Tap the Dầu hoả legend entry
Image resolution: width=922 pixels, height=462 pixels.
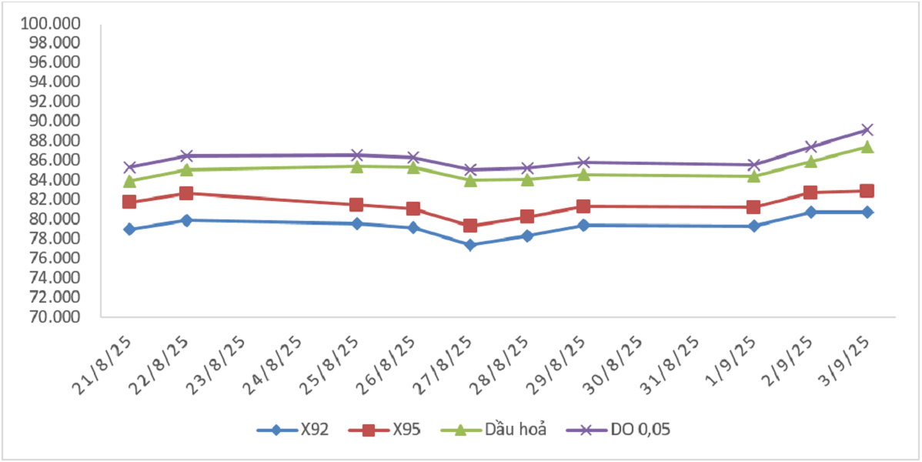click(499, 430)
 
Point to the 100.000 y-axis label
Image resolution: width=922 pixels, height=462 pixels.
click(51, 23)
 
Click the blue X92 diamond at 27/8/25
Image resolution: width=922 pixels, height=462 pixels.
click(470, 245)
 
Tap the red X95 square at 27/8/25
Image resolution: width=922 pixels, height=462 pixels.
click(470, 226)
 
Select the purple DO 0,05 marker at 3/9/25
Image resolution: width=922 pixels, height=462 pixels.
click(867, 129)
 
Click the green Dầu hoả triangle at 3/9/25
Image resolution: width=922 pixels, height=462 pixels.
click(867, 146)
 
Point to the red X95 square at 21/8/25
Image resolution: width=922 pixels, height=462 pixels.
click(129, 202)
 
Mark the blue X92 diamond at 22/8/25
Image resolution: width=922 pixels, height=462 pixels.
click(186, 220)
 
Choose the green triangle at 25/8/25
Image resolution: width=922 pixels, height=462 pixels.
click(357, 166)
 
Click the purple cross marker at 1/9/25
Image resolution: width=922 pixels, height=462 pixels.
click(754, 165)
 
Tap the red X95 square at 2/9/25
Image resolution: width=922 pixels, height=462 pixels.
click(810, 192)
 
